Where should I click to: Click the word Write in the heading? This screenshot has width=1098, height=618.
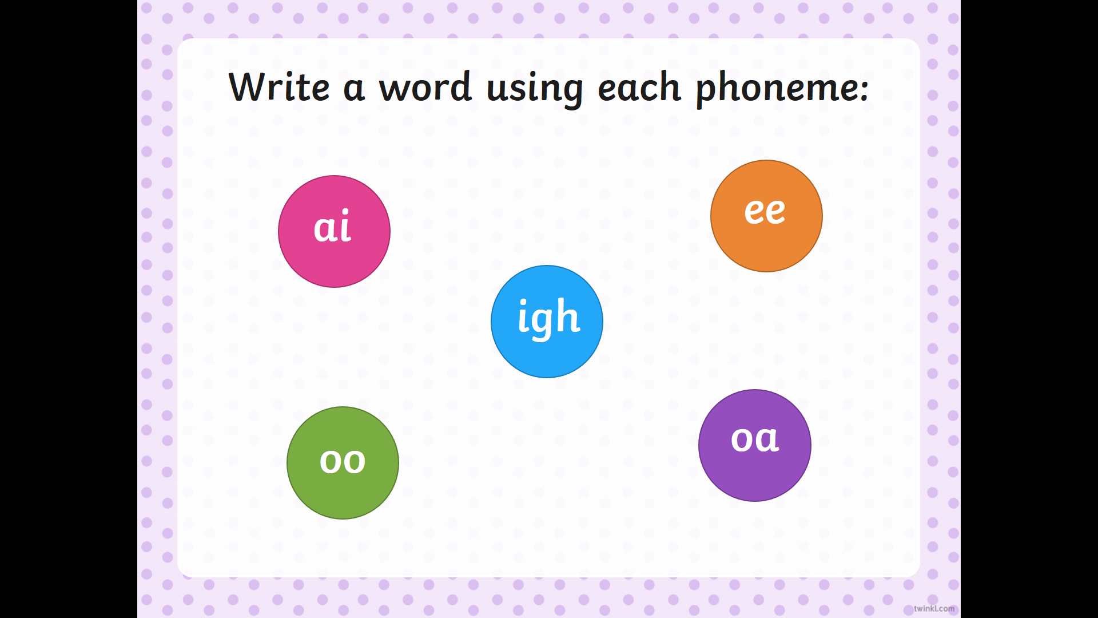[279, 87]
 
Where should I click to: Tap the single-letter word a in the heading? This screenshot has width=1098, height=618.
[354, 90]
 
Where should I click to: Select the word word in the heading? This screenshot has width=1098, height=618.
[425, 87]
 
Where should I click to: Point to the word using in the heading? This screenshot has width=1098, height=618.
[535, 90]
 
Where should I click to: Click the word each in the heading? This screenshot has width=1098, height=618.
[639, 87]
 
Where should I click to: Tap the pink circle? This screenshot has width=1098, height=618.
[335, 231]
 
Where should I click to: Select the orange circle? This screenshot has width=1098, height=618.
[766, 216]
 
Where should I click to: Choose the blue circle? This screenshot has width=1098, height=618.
[547, 322]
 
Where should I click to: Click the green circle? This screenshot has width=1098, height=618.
[343, 463]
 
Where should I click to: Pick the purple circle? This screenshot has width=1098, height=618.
[755, 445]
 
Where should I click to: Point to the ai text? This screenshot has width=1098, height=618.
[332, 226]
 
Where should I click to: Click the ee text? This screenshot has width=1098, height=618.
[765, 211]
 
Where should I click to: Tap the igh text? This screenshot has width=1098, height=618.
[549, 318]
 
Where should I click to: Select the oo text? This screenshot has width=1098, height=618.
[343, 461]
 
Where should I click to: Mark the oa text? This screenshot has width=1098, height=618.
[755, 439]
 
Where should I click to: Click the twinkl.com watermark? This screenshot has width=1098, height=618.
[934, 608]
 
